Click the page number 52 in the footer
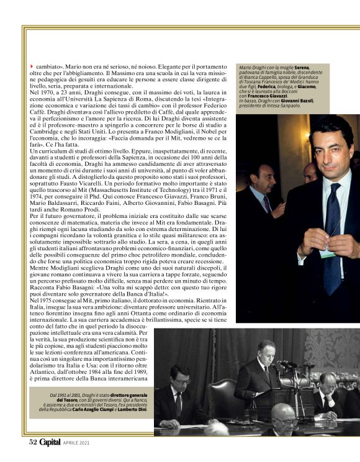(x=34, y=442)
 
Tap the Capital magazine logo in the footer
(x=51, y=442)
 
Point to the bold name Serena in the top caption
(x=302, y=67)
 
